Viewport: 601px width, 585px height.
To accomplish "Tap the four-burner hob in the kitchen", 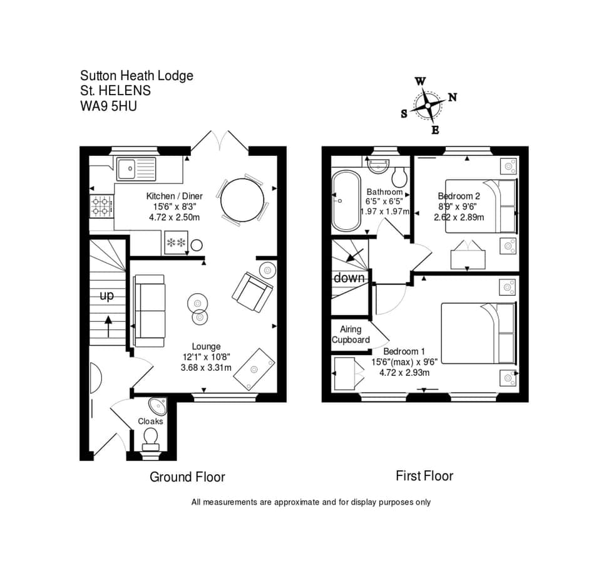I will tap(100, 205).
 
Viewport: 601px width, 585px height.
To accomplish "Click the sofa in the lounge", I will tap(150, 311).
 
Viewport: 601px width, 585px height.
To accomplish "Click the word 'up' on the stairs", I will tap(107, 296).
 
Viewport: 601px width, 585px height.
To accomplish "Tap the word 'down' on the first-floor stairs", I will tap(349, 277).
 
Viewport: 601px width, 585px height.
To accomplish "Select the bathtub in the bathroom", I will tap(344, 200).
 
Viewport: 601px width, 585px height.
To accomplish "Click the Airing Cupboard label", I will tap(351, 334).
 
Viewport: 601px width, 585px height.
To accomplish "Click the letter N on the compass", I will tap(452, 97).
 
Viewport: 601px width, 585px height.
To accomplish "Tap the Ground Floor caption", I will tap(187, 477).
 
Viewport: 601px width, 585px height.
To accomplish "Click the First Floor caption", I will tap(424, 476).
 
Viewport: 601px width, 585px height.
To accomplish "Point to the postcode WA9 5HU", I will tap(108, 106).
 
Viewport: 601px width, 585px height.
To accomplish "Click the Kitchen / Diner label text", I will tap(175, 195).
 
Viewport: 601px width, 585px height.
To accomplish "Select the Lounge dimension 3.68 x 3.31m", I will tap(206, 368).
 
